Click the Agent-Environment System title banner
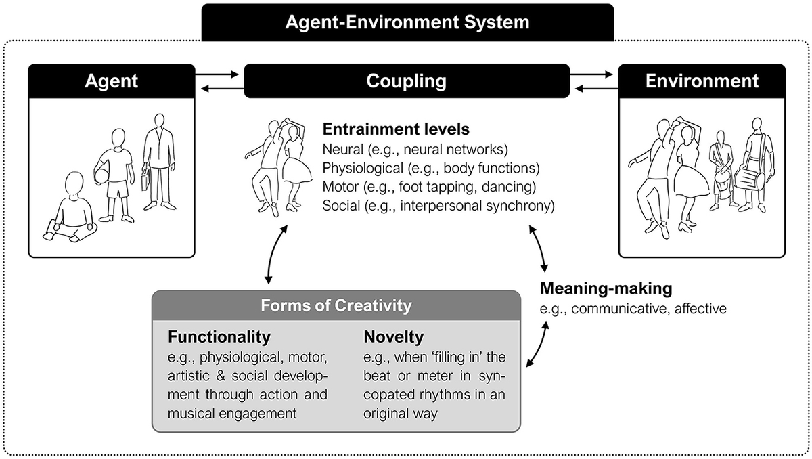pos(407,22)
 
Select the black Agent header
pos(112,81)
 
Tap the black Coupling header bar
pos(406,81)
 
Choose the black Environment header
pos(702,81)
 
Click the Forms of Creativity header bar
pos(336,306)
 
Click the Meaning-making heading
pos(606,289)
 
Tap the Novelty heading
pos(394,336)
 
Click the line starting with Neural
pos(415,149)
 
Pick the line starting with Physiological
pos(431,168)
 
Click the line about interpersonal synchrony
pos(438,206)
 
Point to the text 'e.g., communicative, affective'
pos(633,309)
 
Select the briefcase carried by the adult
pos(145,179)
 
